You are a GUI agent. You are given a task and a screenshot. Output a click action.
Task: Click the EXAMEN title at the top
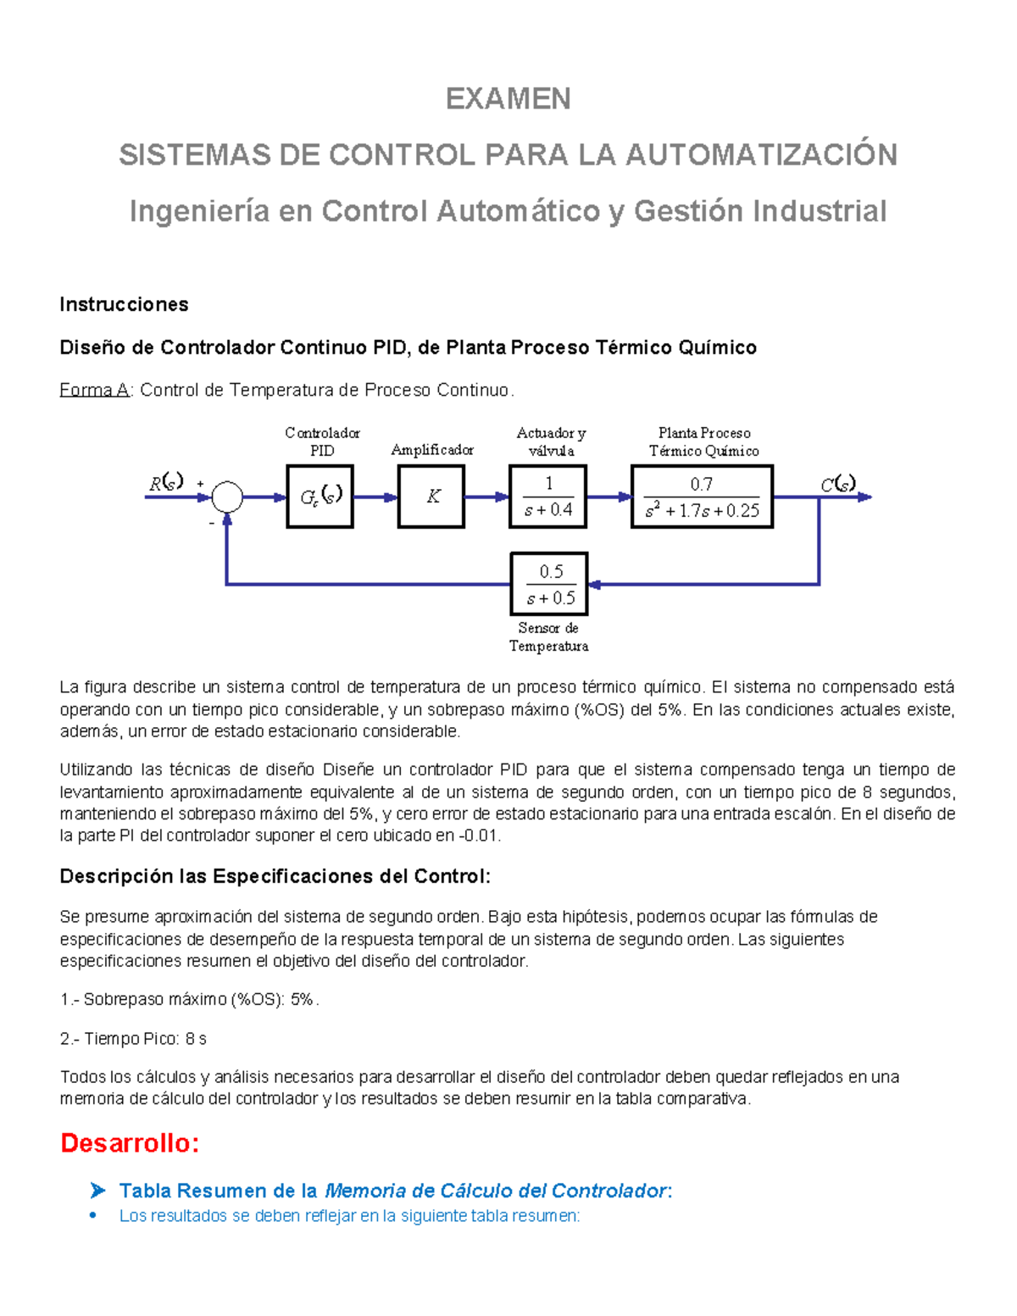point(508,99)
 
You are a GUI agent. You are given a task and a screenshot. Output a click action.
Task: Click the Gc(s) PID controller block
point(320,497)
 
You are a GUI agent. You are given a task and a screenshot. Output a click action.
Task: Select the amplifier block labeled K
point(431,497)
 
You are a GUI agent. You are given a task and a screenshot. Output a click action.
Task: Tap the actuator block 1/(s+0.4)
point(547,497)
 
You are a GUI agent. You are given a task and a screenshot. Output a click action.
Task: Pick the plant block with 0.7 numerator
point(702,497)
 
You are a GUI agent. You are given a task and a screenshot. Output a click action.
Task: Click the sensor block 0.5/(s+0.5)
point(549,584)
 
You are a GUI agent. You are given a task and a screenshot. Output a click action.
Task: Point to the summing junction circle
point(226,497)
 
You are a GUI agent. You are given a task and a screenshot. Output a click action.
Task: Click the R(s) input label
point(166,483)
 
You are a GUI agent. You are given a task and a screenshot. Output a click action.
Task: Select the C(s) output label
point(837,484)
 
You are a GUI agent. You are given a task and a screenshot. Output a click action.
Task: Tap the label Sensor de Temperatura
point(548,636)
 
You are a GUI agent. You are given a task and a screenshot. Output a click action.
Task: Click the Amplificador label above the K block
point(431,450)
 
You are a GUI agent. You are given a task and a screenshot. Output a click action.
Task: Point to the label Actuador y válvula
point(551,441)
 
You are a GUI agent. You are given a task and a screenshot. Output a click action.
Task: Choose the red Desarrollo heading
point(130,1143)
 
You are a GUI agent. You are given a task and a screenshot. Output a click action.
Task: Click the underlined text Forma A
point(93,390)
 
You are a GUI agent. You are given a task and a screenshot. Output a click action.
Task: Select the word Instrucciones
point(124,304)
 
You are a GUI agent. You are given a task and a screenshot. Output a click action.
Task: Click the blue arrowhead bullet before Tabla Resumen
point(97,1191)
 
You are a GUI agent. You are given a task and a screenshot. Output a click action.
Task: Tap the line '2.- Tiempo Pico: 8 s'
point(133,1038)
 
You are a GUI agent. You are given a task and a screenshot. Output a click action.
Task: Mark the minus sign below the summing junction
point(212,523)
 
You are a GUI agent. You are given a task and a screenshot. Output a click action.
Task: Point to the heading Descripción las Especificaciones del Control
point(275,876)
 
